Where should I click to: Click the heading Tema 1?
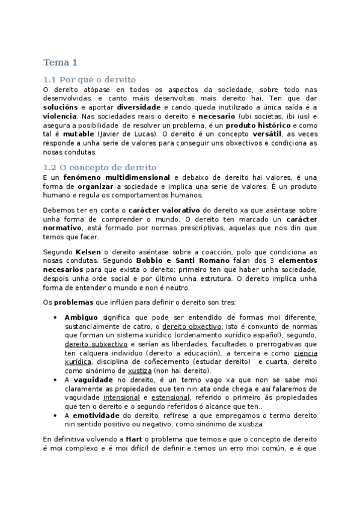click(x=60, y=62)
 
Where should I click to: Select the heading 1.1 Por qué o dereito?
click(x=90, y=79)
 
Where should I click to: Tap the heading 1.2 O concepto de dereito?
click(x=100, y=167)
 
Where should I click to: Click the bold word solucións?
click(x=60, y=106)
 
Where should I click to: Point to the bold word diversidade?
click(x=139, y=106)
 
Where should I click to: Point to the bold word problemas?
click(x=72, y=301)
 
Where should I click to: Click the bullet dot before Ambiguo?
click(x=55, y=318)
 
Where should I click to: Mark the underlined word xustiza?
click(x=139, y=371)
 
